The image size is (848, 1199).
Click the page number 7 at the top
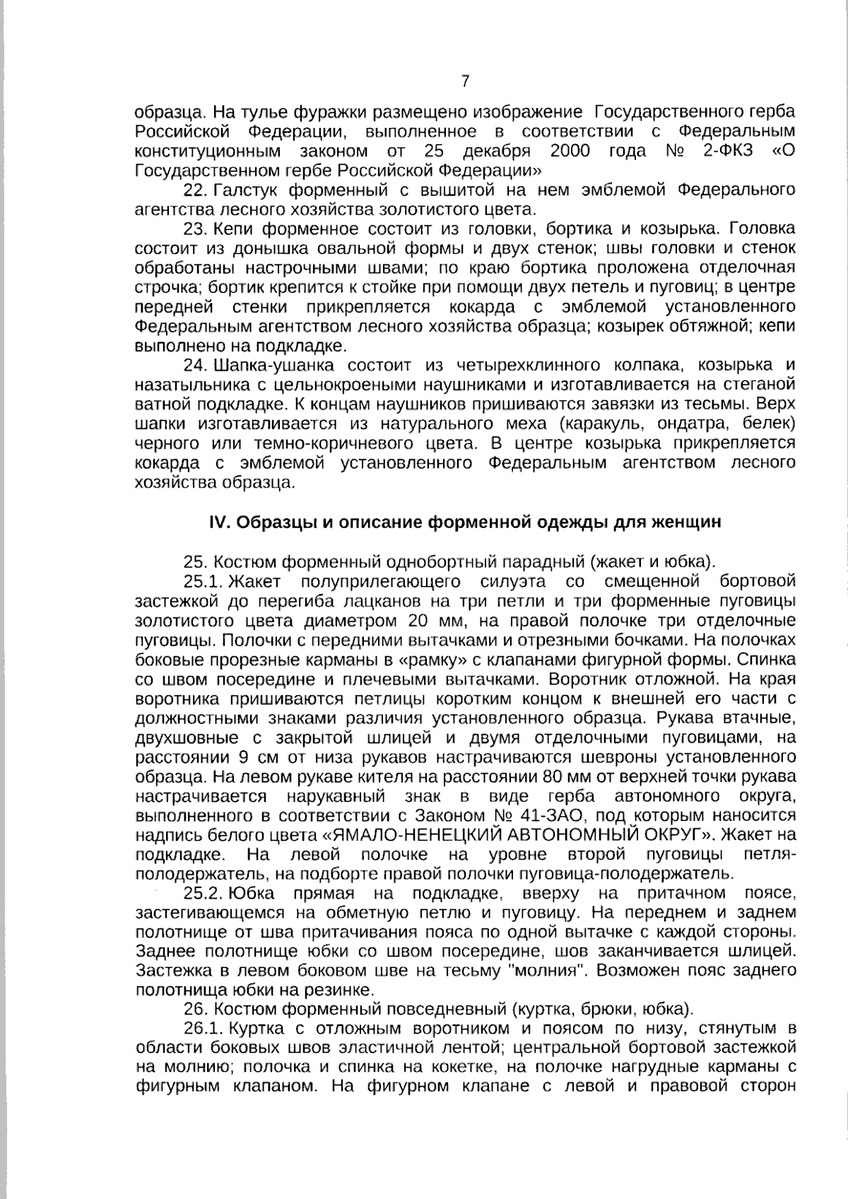[465, 81]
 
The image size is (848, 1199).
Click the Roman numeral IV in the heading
[216, 522]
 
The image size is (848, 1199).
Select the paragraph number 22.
[194, 190]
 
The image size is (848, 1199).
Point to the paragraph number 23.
[194, 229]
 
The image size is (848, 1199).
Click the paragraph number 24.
[194, 365]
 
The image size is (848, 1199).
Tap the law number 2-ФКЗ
[728, 151]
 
